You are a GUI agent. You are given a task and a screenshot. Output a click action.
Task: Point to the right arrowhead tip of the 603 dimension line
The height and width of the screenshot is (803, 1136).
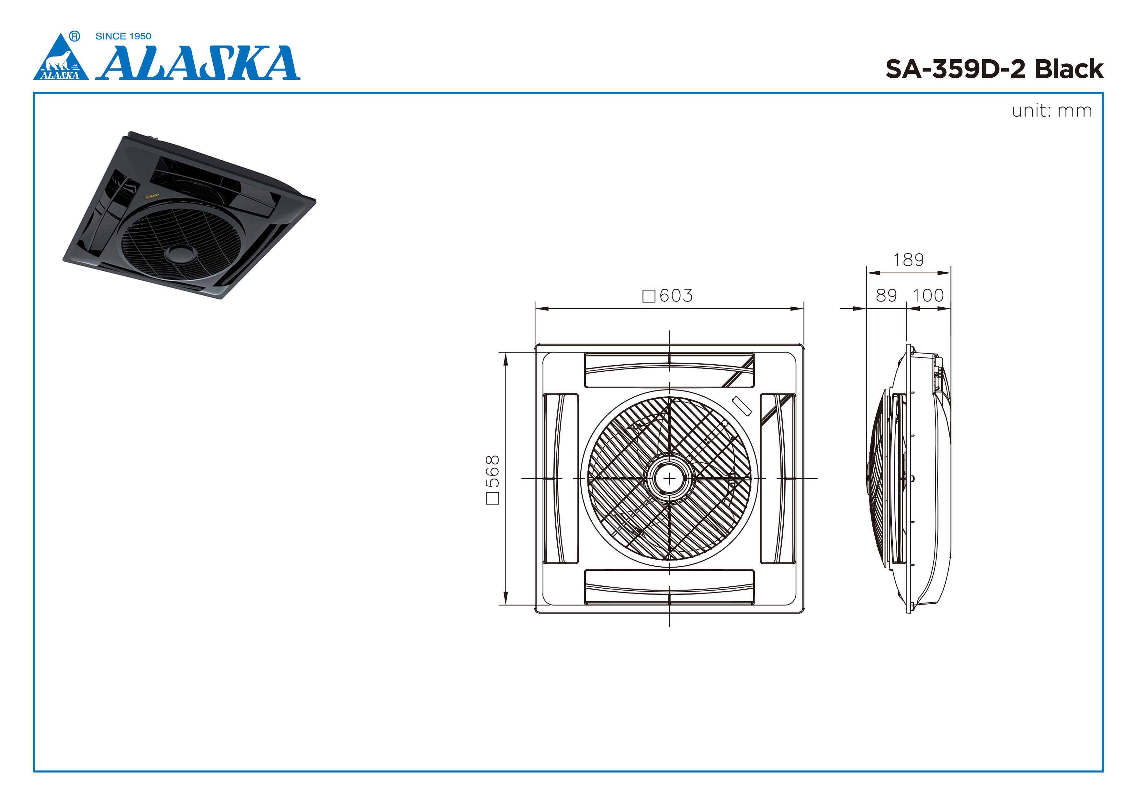803,309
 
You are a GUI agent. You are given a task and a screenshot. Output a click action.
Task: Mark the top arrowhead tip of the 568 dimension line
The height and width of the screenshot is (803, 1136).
506,353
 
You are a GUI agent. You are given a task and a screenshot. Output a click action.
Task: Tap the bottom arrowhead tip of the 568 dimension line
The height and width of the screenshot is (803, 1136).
506,605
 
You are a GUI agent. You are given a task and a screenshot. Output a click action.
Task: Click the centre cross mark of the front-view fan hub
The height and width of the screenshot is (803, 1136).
669,479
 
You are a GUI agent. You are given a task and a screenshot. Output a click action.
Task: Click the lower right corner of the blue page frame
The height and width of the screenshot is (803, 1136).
1103,771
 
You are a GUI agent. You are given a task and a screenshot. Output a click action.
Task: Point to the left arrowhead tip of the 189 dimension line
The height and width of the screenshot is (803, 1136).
867,273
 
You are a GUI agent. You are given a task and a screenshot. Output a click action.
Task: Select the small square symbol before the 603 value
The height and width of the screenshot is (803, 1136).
649,296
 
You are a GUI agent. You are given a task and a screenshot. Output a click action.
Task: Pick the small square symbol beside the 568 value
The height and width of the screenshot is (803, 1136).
493,498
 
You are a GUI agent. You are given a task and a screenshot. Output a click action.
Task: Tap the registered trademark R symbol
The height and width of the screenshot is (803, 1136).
75,36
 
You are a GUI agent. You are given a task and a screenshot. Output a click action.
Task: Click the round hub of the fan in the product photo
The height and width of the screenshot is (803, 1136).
181,254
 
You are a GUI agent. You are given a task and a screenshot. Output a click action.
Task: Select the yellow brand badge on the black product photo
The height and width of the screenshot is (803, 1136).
153,196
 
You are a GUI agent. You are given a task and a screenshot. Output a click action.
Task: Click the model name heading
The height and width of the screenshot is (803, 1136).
994,69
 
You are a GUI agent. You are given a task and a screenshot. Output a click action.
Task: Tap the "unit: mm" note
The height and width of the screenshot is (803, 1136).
1052,111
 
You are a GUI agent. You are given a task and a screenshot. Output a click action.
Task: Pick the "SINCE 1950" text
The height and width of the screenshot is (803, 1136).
123,36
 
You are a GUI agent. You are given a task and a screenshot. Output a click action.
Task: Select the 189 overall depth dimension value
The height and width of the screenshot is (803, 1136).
908,260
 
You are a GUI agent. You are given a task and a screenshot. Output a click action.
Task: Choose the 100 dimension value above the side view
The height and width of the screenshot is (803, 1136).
928,295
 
